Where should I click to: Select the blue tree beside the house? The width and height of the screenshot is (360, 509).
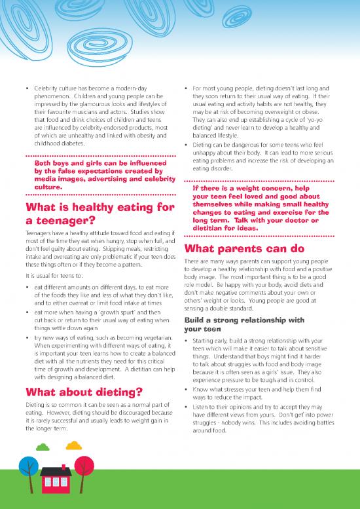click(x=28, y=466)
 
